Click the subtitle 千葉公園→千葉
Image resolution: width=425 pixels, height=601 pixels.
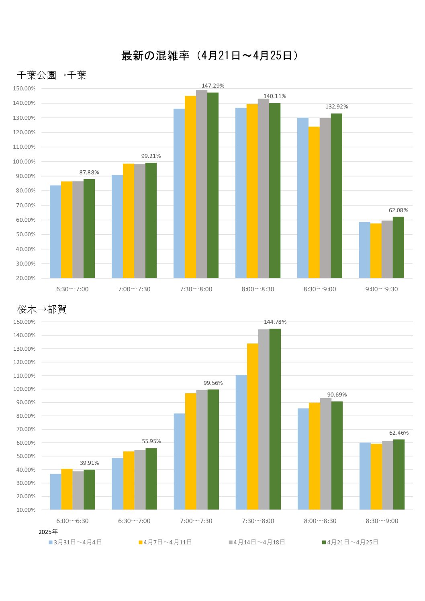(x=51, y=75)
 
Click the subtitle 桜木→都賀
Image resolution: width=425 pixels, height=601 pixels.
(x=42, y=309)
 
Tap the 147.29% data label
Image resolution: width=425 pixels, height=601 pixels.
(x=213, y=86)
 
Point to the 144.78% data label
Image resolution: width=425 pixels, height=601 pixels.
(x=275, y=322)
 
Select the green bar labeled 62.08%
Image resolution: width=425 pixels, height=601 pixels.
(x=398, y=247)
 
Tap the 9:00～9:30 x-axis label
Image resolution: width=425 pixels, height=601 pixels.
(x=381, y=289)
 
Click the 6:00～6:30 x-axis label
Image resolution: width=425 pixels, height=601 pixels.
(x=72, y=521)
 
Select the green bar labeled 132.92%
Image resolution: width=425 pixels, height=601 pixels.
(x=336, y=196)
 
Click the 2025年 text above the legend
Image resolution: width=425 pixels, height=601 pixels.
(x=48, y=532)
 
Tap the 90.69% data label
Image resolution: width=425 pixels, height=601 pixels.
(x=337, y=395)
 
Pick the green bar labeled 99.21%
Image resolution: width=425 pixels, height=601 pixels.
(x=151, y=220)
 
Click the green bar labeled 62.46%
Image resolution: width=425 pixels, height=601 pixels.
(x=398, y=474)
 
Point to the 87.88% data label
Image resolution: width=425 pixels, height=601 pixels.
(x=89, y=172)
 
